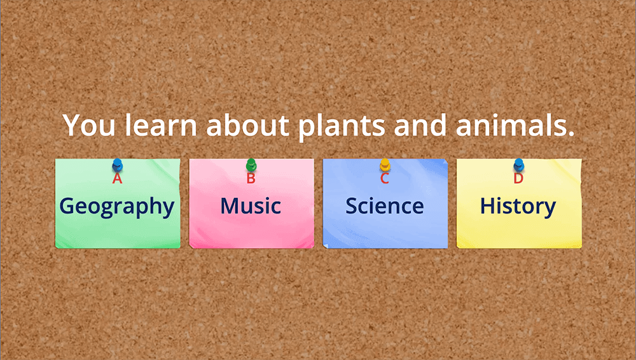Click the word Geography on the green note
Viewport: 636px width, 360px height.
tap(117, 206)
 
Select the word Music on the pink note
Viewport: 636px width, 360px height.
tap(251, 206)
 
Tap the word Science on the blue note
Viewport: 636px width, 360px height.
tap(385, 206)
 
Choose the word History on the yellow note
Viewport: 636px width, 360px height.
tap(518, 206)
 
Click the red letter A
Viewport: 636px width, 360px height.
tap(117, 178)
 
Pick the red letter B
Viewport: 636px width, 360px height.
tap(251, 178)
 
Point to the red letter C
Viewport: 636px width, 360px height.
tap(385, 178)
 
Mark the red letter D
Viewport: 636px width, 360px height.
tap(518, 178)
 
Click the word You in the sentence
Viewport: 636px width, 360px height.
tap(89, 125)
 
